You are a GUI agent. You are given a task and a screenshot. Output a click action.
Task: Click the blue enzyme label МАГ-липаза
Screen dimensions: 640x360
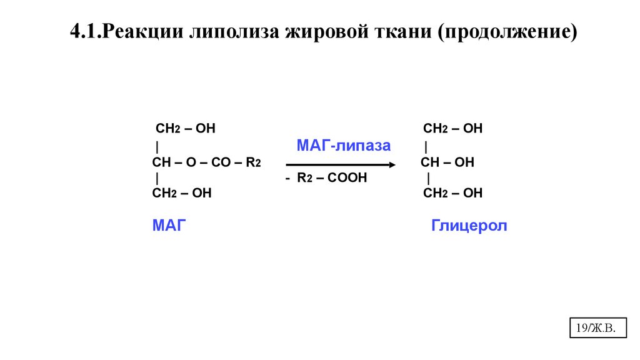[343, 146]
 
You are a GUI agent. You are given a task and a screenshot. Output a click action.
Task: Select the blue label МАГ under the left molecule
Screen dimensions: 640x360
[169, 226]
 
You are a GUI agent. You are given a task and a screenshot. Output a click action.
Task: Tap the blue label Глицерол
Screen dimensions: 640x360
[469, 226]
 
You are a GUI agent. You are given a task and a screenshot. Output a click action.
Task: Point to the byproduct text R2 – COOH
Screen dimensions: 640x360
[332, 179]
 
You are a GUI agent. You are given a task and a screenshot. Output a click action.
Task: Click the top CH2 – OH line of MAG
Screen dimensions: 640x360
[185, 129]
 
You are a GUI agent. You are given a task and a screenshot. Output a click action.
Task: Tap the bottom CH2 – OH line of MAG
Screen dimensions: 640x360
[182, 194]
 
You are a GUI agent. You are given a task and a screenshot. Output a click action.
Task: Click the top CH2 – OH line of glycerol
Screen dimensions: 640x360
[452, 129]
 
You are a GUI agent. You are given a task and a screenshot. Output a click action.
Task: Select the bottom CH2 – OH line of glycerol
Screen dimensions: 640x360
[452, 194]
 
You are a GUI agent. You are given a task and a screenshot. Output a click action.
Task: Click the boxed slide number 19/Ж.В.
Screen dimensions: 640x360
[598, 327]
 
